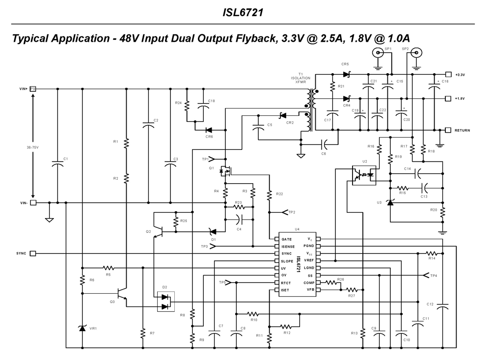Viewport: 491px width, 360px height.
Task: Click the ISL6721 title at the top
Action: pyautogui.click(x=245, y=10)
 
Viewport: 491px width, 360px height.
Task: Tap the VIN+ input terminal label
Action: pyautogui.click(x=23, y=89)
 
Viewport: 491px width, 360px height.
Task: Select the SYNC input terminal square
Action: pyautogui.click(x=33, y=253)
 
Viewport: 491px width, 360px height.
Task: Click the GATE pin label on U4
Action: pyautogui.click(x=287, y=239)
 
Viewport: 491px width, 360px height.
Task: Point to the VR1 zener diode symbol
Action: pyautogui.click(x=82, y=328)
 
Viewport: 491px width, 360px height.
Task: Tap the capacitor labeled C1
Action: pyautogui.click(x=57, y=166)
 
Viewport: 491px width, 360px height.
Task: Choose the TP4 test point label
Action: pyautogui.click(x=433, y=276)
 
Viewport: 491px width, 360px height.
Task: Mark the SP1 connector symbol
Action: pyautogui.click(x=379, y=53)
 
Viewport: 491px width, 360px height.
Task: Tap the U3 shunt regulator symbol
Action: pyautogui.click(x=390, y=202)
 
